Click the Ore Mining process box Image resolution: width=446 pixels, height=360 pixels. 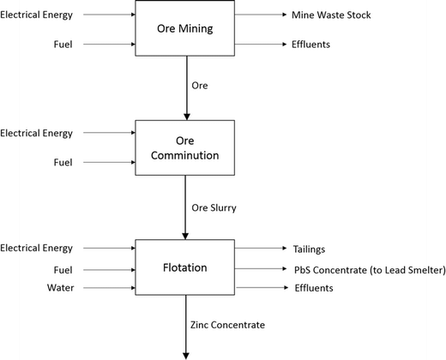coord(184,28)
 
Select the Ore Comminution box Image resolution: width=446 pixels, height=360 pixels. coord(184,147)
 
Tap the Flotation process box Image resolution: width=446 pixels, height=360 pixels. coord(184,267)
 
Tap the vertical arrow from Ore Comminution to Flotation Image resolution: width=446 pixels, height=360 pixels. coord(184,206)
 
